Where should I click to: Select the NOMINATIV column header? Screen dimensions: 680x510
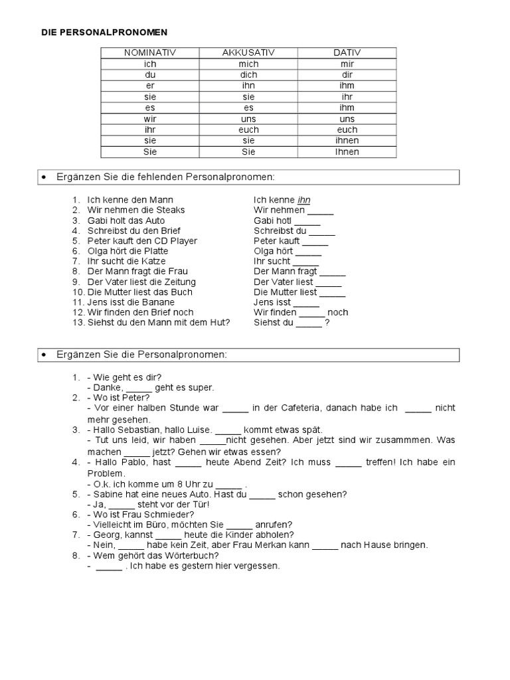click(x=150, y=52)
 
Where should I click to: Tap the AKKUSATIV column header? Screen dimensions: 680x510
click(x=248, y=52)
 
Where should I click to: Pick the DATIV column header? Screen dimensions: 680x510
click(x=347, y=52)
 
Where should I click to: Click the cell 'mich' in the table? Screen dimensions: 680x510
click(x=248, y=64)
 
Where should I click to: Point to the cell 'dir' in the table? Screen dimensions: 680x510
click(x=347, y=75)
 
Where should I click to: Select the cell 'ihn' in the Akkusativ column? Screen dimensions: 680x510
click(x=248, y=86)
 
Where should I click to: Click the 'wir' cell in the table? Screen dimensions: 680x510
click(x=150, y=119)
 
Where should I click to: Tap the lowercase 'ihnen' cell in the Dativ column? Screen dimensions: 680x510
click(x=347, y=141)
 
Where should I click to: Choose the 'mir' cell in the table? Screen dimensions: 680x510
click(x=347, y=64)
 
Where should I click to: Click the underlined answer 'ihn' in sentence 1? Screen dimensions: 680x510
click(x=303, y=200)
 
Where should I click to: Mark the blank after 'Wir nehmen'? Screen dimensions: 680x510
click(x=321, y=211)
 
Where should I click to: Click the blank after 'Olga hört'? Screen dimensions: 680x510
click(x=308, y=252)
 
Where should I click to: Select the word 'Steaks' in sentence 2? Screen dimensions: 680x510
click(x=171, y=210)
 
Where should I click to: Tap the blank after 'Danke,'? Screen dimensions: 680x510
click(x=139, y=388)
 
